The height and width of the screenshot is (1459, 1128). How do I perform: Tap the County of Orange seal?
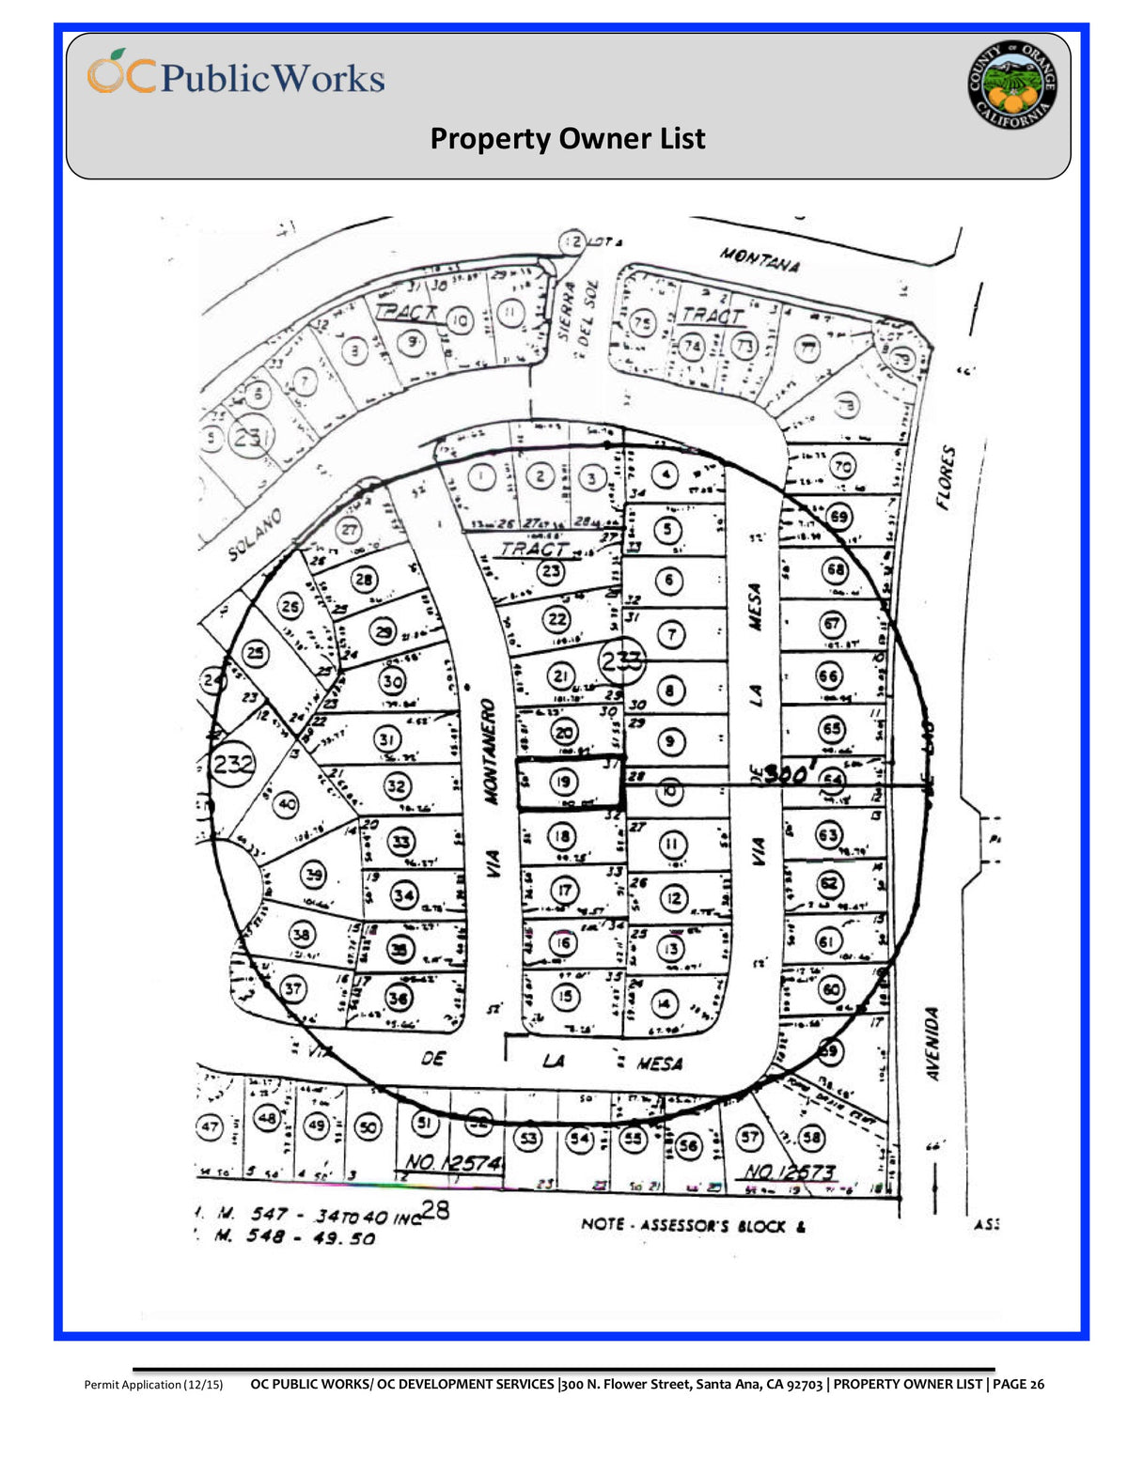(1012, 85)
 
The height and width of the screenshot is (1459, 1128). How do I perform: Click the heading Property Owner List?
(567, 139)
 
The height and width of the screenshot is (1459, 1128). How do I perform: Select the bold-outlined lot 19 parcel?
(570, 783)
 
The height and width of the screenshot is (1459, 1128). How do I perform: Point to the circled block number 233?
(621, 661)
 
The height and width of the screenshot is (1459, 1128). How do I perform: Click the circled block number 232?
(232, 763)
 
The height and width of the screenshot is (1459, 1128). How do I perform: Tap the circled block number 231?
(252, 438)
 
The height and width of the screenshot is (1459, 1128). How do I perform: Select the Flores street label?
(946, 477)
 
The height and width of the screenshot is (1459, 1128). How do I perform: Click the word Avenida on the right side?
(932, 1044)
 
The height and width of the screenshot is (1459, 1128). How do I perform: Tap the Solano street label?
(256, 535)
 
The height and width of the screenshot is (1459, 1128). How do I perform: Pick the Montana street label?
(760, 258)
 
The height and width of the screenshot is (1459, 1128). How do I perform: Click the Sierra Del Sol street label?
(575, 310)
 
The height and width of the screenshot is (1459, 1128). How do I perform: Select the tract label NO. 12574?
(453, 1163)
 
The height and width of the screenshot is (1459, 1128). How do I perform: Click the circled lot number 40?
(287, 804)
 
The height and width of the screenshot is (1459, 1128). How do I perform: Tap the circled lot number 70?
(841, 466)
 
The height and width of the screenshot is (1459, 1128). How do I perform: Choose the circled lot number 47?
(209, 1126)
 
